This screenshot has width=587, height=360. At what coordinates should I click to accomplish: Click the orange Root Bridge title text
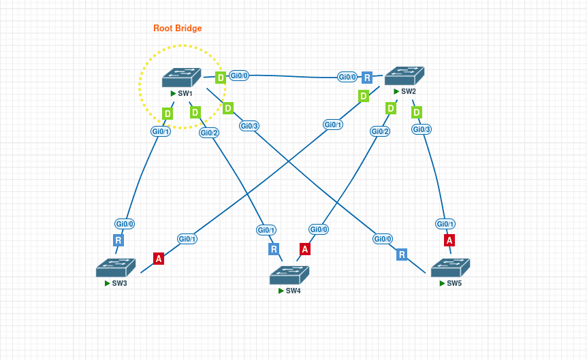click(177, 28)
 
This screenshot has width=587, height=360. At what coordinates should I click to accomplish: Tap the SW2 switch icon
click(404, 76)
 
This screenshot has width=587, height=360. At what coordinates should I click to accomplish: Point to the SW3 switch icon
click(115, 267)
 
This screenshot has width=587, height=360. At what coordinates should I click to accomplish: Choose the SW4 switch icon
click(289, 275)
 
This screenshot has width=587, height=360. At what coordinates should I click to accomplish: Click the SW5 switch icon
click(450, 267)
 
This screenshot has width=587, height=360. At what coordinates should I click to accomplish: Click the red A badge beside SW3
click(159, 259)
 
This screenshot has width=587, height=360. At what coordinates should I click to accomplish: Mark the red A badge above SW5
click(449, 240)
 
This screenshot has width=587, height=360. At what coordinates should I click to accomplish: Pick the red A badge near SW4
click(305, 249)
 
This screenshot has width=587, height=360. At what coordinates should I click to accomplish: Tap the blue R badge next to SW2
click(367, 78)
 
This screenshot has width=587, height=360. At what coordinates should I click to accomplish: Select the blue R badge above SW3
click(118, 240)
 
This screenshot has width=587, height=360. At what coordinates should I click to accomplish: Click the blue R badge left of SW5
click(402, 255)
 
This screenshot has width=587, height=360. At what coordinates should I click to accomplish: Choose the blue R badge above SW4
click(274, 249)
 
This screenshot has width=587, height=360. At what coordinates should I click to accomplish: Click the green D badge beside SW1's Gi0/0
click(221, 78)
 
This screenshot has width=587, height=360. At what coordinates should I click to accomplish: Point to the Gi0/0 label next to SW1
click(239, 76)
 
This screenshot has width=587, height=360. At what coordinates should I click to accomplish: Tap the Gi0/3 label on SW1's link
click(249, 126)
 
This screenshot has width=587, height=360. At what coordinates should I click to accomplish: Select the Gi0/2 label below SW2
click(380, 131)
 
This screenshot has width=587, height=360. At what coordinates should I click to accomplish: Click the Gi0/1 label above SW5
click(445, 224)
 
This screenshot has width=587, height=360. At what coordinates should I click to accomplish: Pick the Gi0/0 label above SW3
click(125, 223)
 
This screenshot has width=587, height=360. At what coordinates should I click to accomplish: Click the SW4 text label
click(293, 291)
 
